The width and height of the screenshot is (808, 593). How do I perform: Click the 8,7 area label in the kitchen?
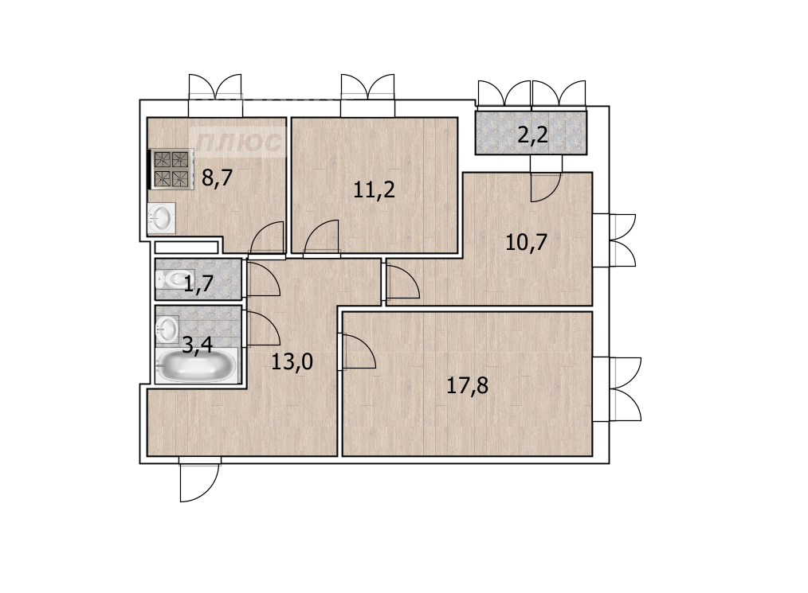coord(218,178)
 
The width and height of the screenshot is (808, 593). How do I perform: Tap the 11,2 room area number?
coord(374,190)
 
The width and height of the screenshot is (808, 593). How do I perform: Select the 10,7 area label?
coord(526,242)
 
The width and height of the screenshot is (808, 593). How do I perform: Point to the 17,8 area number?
coord(467,385)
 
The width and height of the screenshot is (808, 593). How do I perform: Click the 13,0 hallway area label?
coord(292,362)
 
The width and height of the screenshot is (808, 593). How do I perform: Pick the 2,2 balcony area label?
coord(532,136)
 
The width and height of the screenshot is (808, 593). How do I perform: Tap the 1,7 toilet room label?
coord(199,283)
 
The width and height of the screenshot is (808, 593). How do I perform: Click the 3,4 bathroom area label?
coord(198,345)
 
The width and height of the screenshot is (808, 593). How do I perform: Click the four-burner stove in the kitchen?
coord(171,170)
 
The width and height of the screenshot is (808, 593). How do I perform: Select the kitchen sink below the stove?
coord(161,218)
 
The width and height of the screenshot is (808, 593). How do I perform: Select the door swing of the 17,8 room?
coord(357,352)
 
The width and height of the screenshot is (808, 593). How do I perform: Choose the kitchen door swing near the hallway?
coord(267,238)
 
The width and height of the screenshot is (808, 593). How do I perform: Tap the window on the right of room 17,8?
coord(617,389)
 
